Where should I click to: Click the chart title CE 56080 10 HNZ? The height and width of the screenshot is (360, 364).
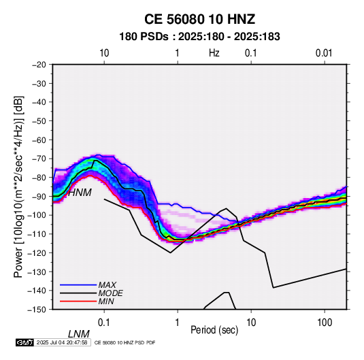pyautogui.click(x=199, y=19)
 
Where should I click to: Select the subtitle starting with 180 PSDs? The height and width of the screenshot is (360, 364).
pyautogui.click(x=199, y=37)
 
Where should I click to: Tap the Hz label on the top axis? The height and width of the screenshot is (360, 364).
pyautogui.click(x=214, y=53)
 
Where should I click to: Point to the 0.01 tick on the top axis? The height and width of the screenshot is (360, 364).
pyautogui.click(x=324, y=53)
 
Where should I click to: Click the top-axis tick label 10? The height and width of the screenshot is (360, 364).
pyautogui.click(x=104, y=53)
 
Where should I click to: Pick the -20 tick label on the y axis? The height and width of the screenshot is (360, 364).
pyautogui.click(x=39, y=65)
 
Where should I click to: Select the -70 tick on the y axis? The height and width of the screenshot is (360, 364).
pyautogui.click(x=39, y=159)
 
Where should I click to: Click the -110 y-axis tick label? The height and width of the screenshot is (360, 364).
pyautogui.click(x=37, y=234)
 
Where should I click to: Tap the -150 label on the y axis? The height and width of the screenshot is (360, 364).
pyautogui.click(x=37, y=310)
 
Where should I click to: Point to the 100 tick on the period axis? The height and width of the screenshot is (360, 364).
pyautogui.click(x=325, y=323)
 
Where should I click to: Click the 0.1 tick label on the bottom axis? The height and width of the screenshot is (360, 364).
pyautogui.click(x=104, y=323)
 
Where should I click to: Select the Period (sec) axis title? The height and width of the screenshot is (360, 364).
pyautogui.click(x=214, y=330)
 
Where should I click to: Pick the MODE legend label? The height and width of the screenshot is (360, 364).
pyautogui.click(x=110, y=293)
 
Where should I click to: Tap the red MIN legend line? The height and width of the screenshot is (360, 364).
pyautogui.click(x=78, y=301)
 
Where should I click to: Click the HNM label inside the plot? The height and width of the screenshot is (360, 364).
pyautogui.click(x=80, y=193)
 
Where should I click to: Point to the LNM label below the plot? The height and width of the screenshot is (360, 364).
pyautogui.click(x=79, y=334)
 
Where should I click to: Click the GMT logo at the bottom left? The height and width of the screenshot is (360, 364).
pyautogui.click(x=24, y=342)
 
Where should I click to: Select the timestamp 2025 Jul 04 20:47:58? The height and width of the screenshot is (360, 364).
pyautogui.click(x=62, y=342)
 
